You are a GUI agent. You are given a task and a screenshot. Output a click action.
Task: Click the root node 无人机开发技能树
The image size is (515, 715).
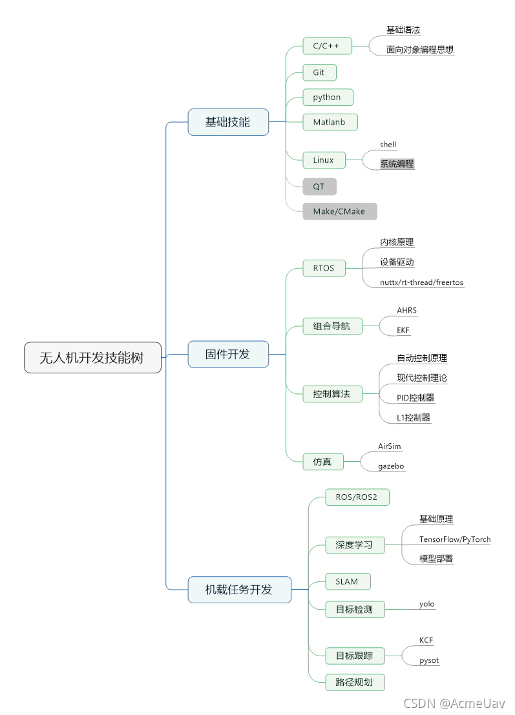(x=92, y=357)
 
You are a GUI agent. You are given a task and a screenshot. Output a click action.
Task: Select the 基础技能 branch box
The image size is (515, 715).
(x=227, y=121)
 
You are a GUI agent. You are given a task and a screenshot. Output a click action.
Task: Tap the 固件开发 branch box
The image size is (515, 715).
(x=227, y=354)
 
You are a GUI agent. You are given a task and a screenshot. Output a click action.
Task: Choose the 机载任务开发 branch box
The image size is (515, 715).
(x=239, y=589)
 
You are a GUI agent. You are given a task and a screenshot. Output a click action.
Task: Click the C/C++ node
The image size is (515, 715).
(x=326, y=46)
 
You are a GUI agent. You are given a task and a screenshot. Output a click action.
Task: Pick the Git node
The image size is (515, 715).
(x=319, y=72)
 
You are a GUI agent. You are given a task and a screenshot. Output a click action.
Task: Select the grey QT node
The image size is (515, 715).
(x=319, y=187)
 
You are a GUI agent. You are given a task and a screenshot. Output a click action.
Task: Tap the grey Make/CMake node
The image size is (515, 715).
(x=339, y=211)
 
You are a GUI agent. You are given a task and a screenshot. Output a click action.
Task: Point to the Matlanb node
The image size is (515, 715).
(x=330, y=121)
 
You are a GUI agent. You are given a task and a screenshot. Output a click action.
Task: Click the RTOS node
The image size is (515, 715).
(x=324, y=267)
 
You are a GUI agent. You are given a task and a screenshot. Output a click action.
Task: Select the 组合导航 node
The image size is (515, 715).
(x=331, y=326)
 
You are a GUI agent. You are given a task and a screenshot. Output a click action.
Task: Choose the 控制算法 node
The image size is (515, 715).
(x=331, y=393)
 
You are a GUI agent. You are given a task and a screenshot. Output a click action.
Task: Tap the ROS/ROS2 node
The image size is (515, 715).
(x=357, y=497)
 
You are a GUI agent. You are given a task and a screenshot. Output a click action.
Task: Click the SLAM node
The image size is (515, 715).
(x=347, y=581)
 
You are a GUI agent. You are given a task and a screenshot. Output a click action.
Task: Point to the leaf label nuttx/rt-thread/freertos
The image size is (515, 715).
(x=421, y=282)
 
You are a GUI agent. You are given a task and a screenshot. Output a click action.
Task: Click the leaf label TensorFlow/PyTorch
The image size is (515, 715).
(x=455, y=539)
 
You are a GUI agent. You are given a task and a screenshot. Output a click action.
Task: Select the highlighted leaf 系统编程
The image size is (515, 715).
(x=397, y=164)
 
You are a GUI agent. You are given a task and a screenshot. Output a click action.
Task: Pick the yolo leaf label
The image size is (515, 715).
(x=427, y=604)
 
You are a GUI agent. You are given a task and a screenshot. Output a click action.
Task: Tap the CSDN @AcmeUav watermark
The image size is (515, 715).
(x=454, y=703)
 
